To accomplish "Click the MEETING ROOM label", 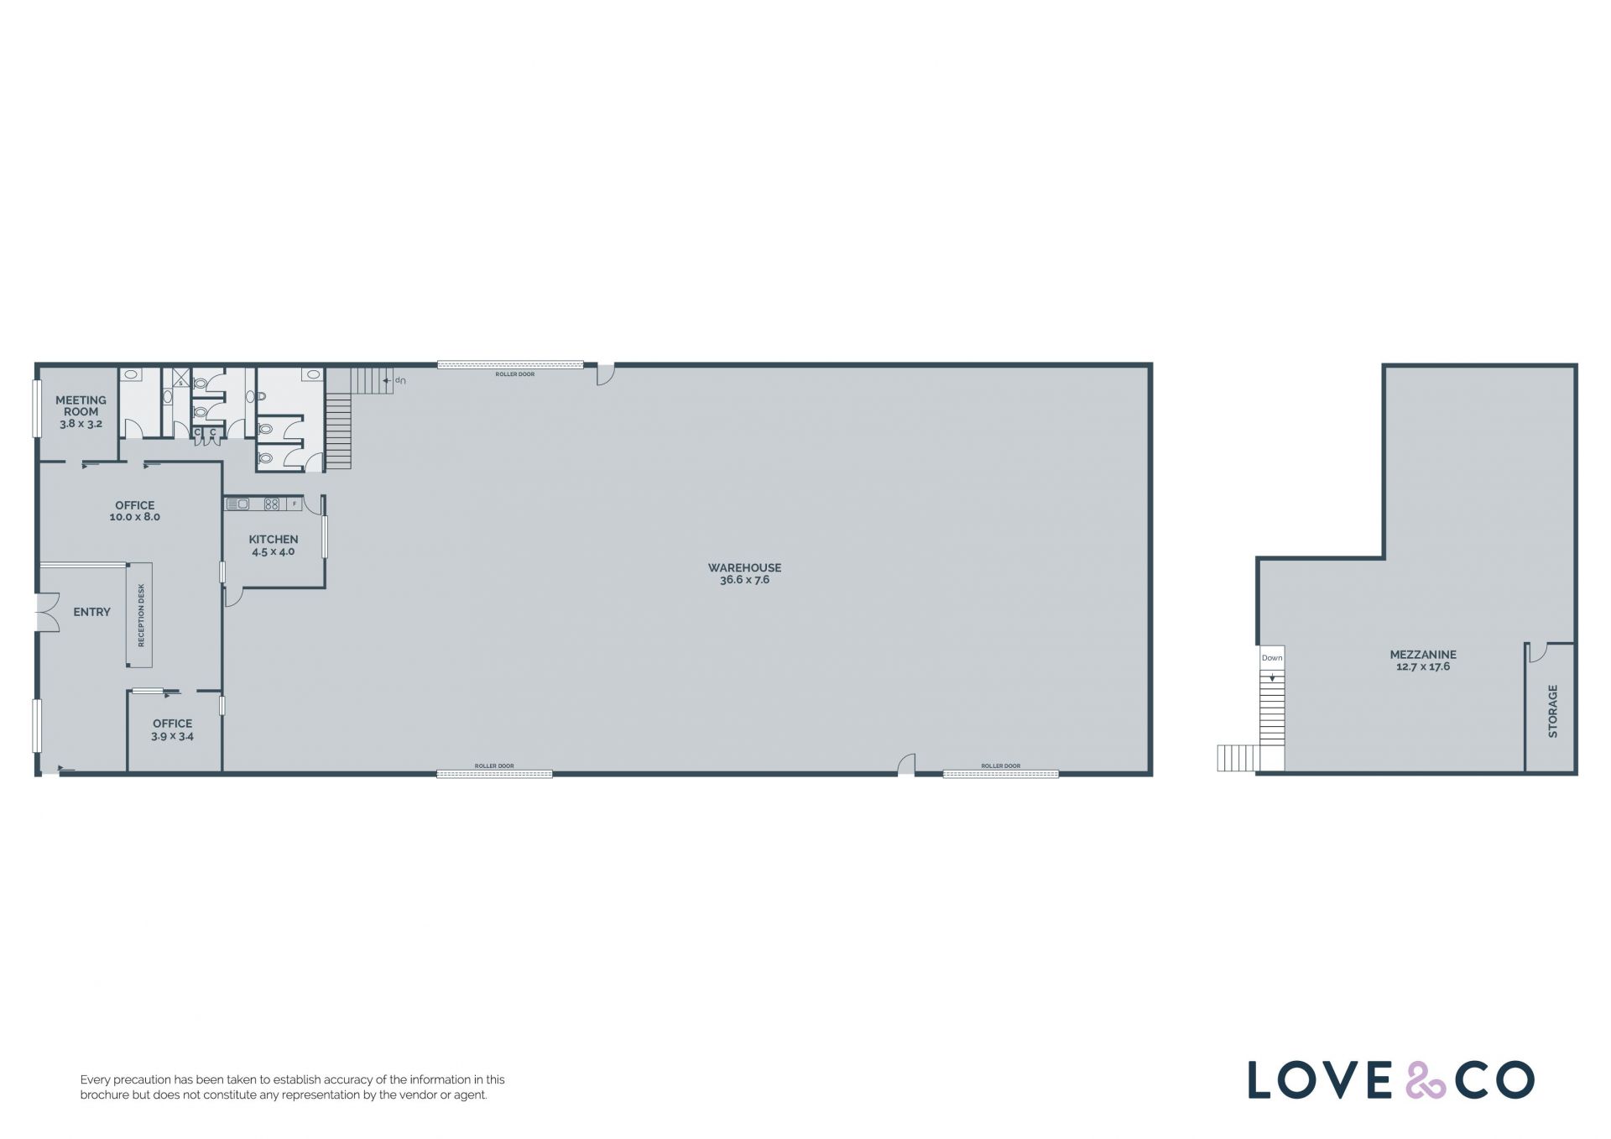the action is coord(81,406).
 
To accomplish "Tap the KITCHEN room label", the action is coord(274,540).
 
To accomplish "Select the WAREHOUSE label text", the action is coord(744,568).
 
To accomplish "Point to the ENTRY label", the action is coord(91,613).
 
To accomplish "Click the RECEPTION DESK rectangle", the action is coord(140,615).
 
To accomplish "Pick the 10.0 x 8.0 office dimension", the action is coord(134,517).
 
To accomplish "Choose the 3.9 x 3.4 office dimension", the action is coord(172,737).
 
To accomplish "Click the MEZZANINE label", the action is coord(1423,655).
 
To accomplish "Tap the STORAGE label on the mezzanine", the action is coord(1552,712).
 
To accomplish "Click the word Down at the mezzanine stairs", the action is coord(1272,658).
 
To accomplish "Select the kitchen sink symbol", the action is coord(237,504).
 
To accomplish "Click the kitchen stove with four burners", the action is coord(272,504).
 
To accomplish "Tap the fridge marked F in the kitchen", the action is coord(294,504).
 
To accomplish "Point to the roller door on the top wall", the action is coord(510,365).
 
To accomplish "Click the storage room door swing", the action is coord(1537,653).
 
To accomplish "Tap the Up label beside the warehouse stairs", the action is coord(400,381).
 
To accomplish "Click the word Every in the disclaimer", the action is coord(95,1080).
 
